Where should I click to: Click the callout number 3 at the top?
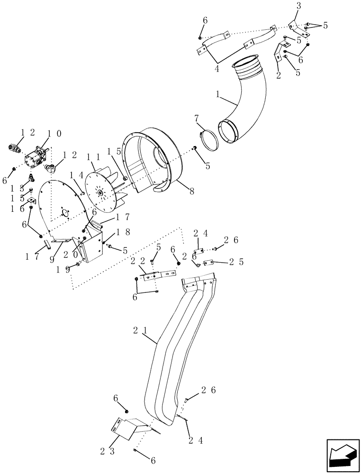[298, 6]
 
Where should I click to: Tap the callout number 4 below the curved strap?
[217, 69]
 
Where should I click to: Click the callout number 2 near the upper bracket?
[278, 74]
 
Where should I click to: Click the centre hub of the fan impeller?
[100, 192]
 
